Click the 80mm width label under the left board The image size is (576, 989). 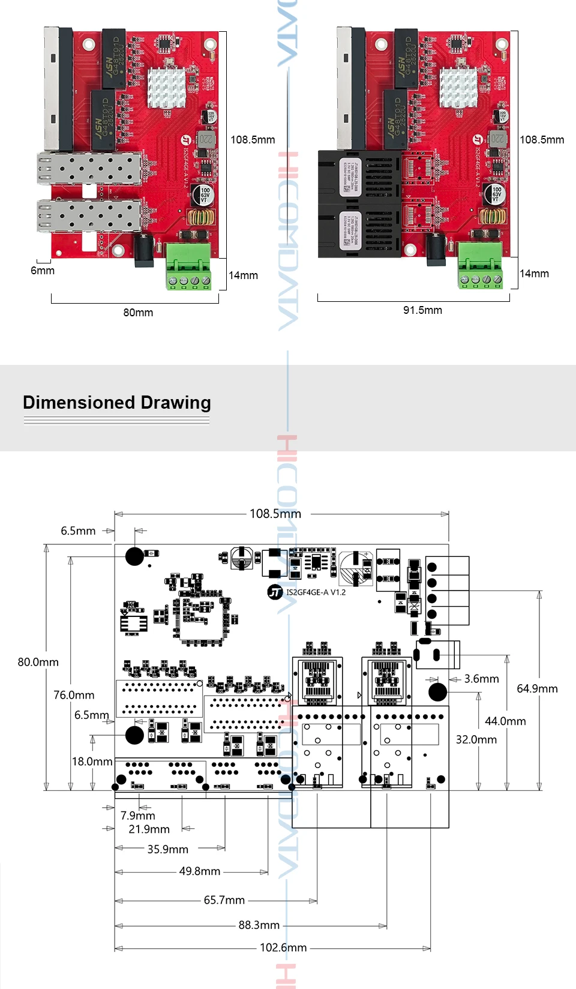point(138,313)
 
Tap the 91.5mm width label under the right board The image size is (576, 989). point(422,310)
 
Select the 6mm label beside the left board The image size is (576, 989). point(43,271)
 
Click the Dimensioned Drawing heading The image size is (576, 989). point(117,403)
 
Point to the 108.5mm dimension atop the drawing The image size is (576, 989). point(275,514)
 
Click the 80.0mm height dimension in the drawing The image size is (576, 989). point(38,662)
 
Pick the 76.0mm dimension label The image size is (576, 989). point(74,695)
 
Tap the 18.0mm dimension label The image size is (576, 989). point(92,762)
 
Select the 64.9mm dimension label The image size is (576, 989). point(537,688)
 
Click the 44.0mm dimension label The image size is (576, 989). point(505,721)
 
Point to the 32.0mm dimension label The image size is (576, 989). point(476,739)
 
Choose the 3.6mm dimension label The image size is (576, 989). point(481,679)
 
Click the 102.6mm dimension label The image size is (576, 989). point(283,948)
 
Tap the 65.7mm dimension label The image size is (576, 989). point(224,900)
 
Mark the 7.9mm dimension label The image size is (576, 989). point(137,816)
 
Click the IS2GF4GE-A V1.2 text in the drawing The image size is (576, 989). point(316,592)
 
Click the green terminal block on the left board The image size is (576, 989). point(188,266)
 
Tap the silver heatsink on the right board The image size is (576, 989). point(458,87)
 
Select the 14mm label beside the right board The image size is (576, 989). point(534,274)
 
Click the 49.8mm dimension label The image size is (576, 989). point(200,871)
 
